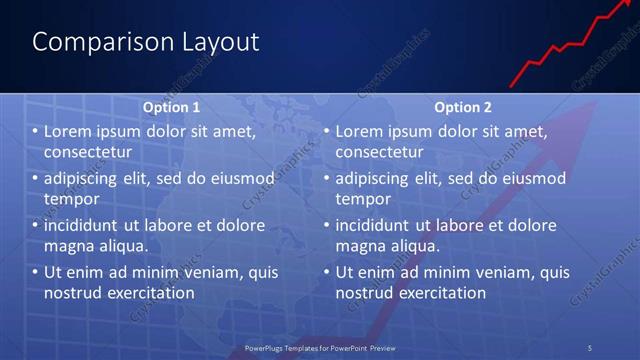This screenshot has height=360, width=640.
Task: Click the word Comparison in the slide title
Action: pyautogui.click(x=93, y=42)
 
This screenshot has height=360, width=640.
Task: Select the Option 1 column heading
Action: pyautogui.click(x=171, y=106)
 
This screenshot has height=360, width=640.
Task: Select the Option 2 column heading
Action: pyautogui.click(x=463, y=106)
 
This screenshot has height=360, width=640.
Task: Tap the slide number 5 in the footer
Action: pyautogui.click(x=590, y=347)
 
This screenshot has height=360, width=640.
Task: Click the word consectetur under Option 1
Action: pyautogui.click(x=89, y=151)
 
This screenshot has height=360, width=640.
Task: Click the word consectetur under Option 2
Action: pyautogui.click(x=380, y=151)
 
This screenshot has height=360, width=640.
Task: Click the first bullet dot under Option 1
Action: pyautogui.click(x=35, y=131)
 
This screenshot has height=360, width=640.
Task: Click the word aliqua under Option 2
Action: pyautogui.click(x=413, y=245)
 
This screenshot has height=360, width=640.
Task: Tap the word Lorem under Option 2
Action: pyautogui.click(x=358, y=131)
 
